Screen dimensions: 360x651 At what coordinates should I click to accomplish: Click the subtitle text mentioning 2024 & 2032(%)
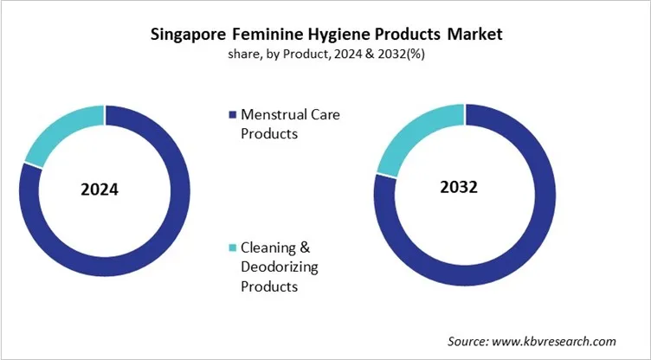click(x=325, y=54)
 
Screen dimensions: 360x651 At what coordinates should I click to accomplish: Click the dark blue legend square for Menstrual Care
click(x=232, y=114)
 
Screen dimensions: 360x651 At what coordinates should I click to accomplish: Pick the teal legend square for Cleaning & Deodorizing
click(x=232, y=248)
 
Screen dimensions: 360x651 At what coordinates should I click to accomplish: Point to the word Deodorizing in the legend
click(x=280, y=267)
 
